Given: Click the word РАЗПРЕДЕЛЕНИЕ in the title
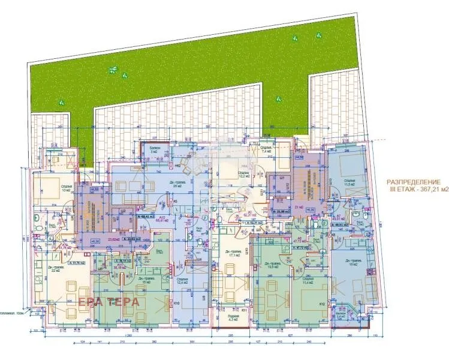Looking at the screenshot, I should point(412,181).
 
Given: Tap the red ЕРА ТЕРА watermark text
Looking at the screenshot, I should point(107,301).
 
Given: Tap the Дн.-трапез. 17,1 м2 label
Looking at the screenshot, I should point(231,253).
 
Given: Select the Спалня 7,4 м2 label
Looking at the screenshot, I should point(266,150).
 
